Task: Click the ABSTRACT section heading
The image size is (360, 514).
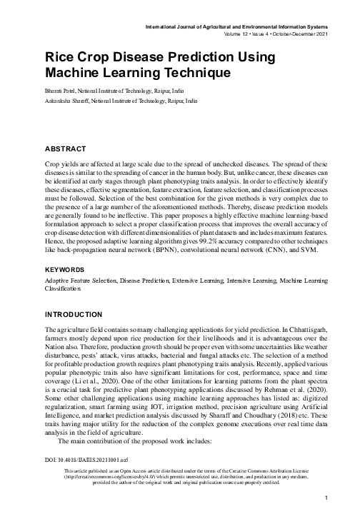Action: [66, 149]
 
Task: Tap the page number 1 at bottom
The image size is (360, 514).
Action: [326, 497]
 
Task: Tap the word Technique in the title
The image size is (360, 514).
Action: [193, 72]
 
